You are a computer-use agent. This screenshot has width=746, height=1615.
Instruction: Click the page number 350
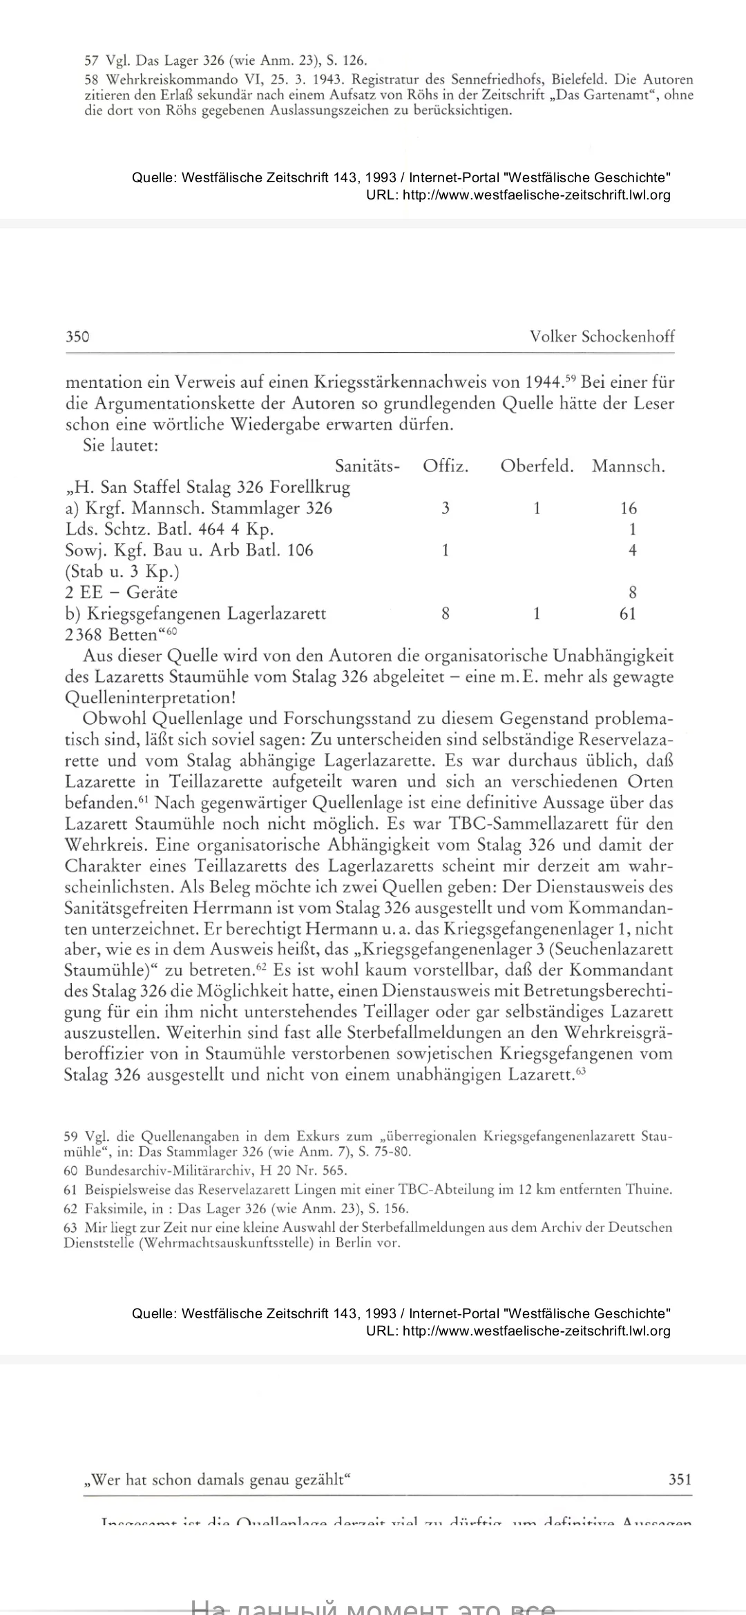pos(77,336)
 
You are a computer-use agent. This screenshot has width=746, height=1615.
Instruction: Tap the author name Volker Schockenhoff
pos(602,336)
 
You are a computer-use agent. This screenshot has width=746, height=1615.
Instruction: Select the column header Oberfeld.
pos(537,467)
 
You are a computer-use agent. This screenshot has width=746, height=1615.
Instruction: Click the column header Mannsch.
pos(628,467)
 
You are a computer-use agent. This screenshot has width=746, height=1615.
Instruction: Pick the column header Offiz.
pos(446,467)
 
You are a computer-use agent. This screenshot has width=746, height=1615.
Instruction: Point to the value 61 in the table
pos(628,614)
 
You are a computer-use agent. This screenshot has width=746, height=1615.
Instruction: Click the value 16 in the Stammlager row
pos(629,509)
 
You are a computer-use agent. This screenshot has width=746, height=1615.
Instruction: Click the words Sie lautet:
pos(121,446)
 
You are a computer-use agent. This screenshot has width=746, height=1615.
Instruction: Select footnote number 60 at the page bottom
pos(70,1171)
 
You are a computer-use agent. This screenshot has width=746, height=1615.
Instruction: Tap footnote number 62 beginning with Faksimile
pos(70,1208)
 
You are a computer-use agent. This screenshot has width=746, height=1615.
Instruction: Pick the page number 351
pos(680,1479)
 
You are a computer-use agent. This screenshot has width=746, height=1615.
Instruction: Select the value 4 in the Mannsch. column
pos(632,551)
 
